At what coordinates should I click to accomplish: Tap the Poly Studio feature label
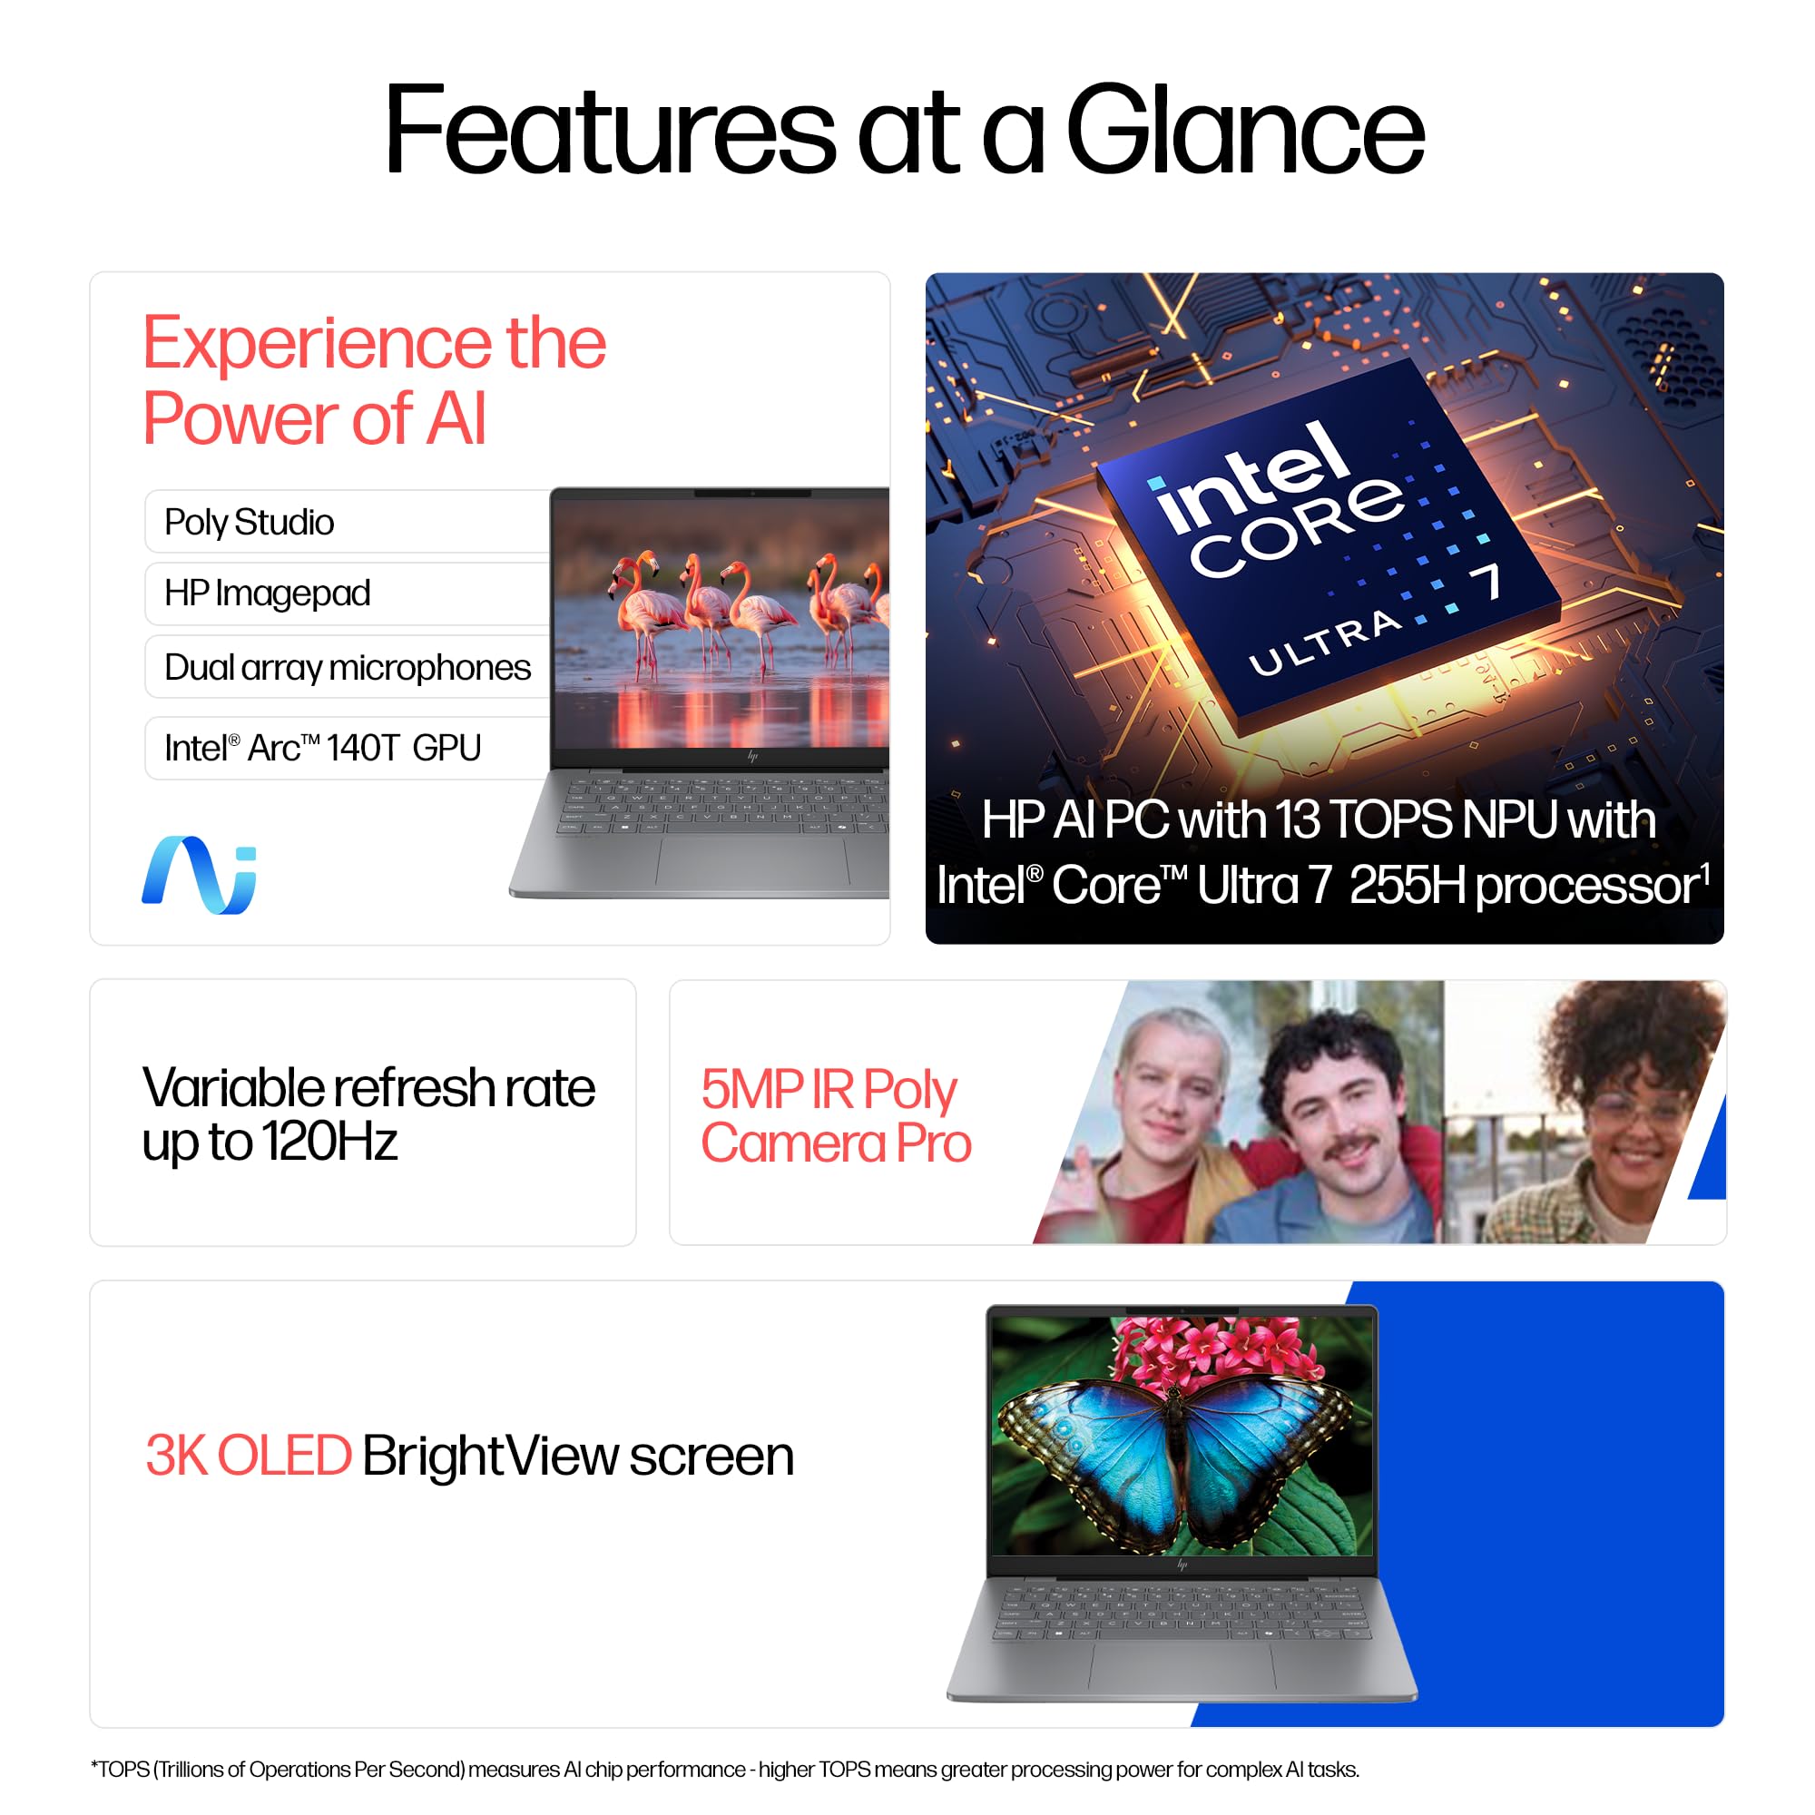249,523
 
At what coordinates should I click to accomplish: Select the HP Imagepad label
267,594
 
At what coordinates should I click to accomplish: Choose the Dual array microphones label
348,667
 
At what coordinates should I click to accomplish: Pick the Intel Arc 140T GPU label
322,748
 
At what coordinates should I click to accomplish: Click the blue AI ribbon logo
199,875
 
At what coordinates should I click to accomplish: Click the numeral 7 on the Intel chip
1486,583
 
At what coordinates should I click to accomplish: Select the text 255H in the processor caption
1407,885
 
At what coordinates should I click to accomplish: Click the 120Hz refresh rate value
329,1142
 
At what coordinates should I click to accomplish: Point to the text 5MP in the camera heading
750,1090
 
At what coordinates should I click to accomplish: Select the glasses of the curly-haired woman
1638,1110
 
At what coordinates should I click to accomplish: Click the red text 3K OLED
248,1456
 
